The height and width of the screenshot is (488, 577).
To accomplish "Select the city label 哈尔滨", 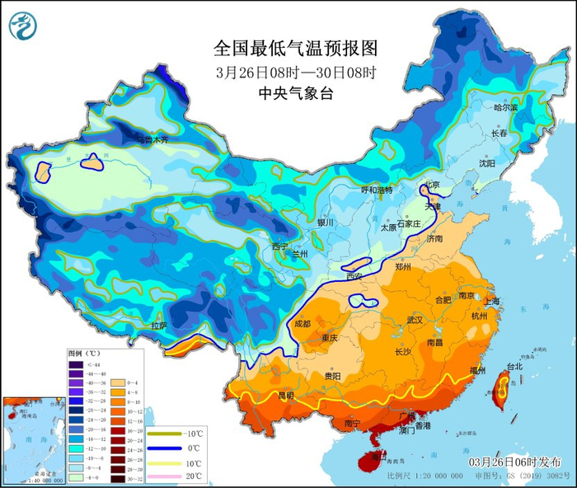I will (x=505, y=107).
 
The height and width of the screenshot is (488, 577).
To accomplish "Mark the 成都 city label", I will (x=303, y=324).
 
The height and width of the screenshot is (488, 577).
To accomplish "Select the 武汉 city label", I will (x=415, y=319).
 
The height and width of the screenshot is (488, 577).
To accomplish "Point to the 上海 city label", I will (x=495, y=301).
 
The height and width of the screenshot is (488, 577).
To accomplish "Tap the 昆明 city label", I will (x=286, y=396).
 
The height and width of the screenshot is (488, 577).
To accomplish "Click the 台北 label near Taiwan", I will (x=514, y=366).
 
